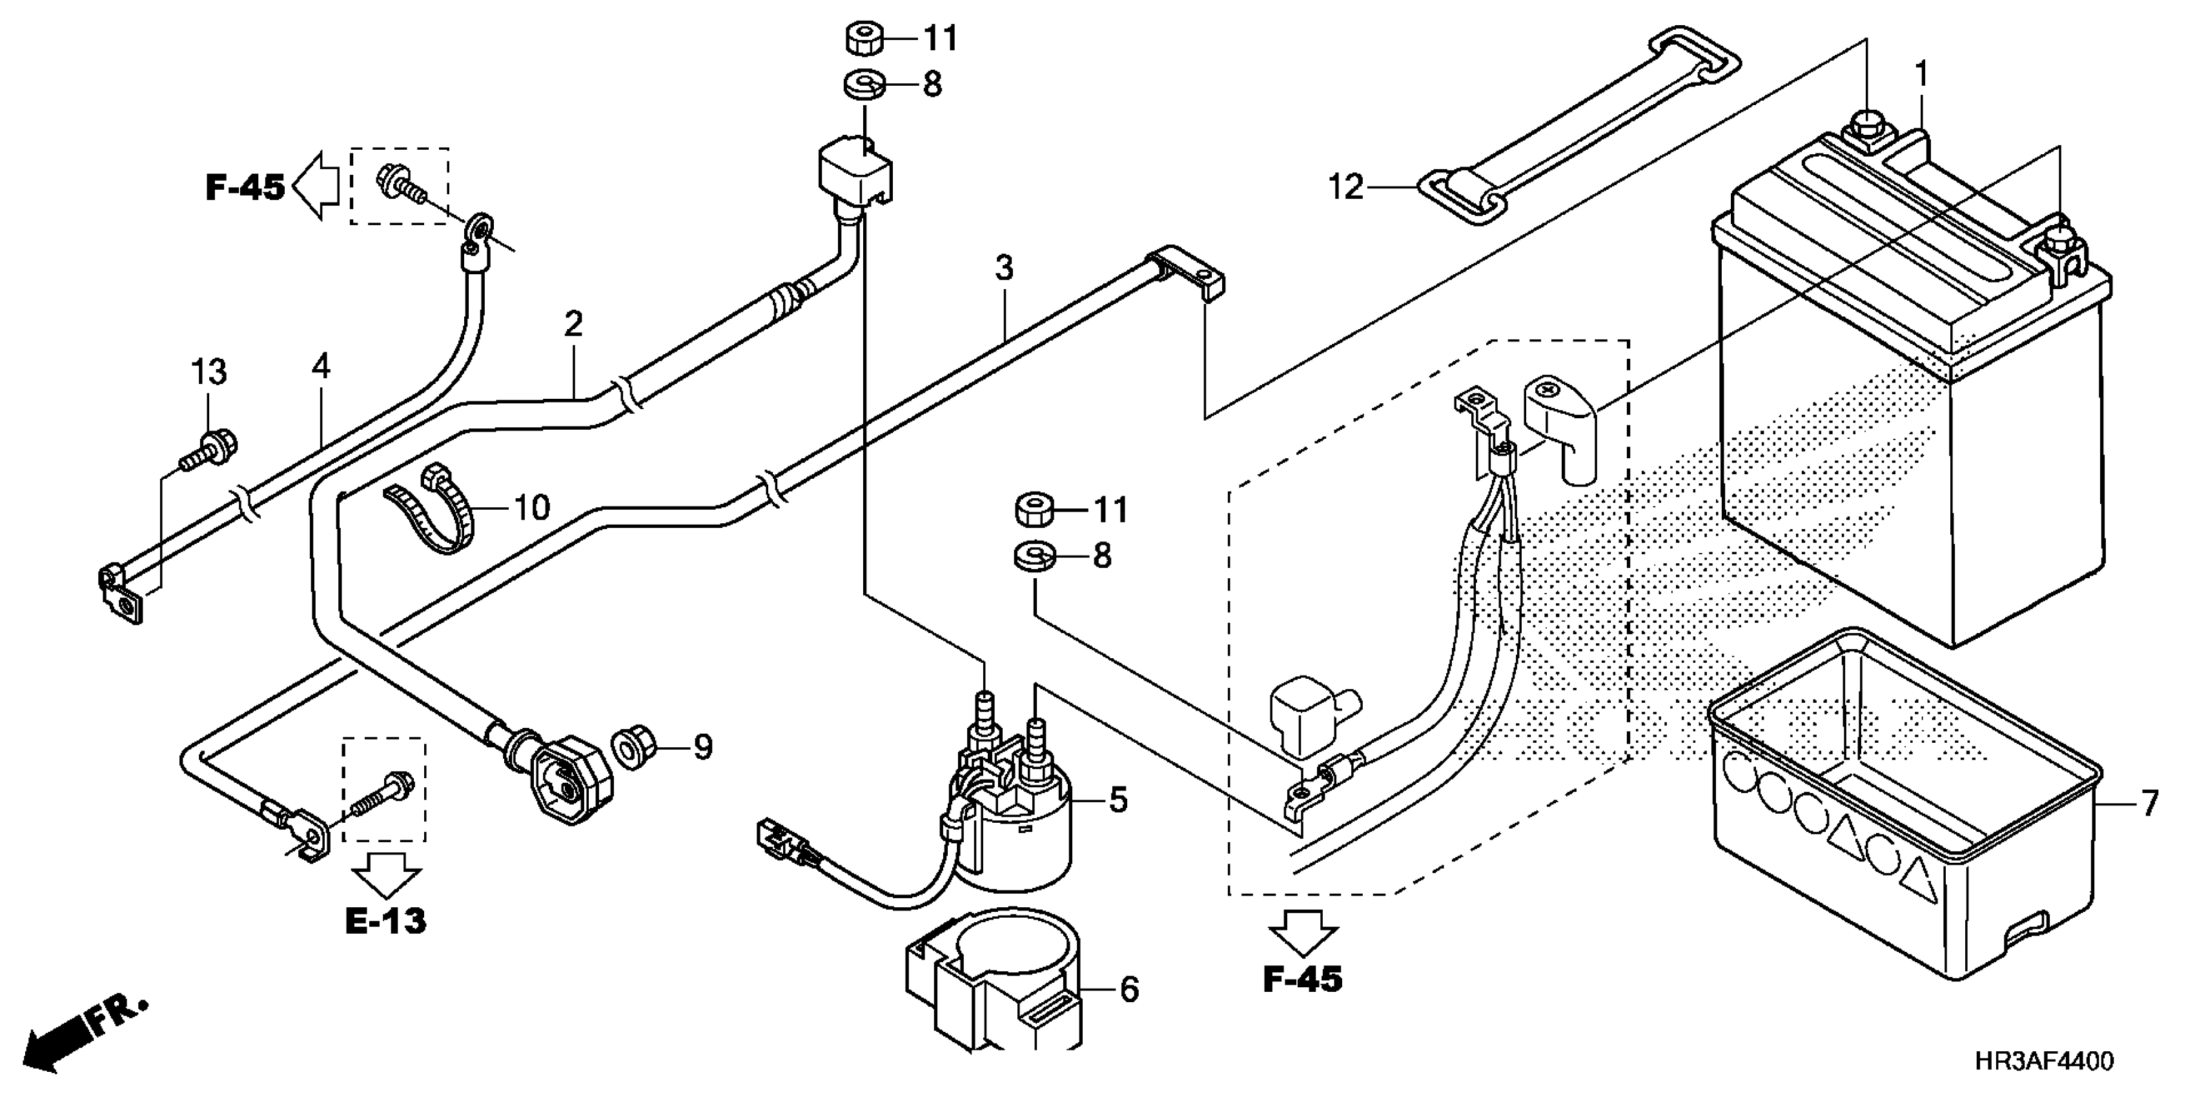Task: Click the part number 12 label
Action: tap(1345, 186)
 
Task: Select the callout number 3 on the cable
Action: tap(1005, 267)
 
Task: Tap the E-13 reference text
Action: tap(385, 921)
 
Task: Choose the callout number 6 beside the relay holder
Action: tap(1128, 990)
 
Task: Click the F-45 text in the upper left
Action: tap(245, 186)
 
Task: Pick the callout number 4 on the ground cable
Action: tap(320, 367)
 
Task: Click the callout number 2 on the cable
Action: tap(573, 325)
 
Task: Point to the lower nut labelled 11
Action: tap(1034, 511)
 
